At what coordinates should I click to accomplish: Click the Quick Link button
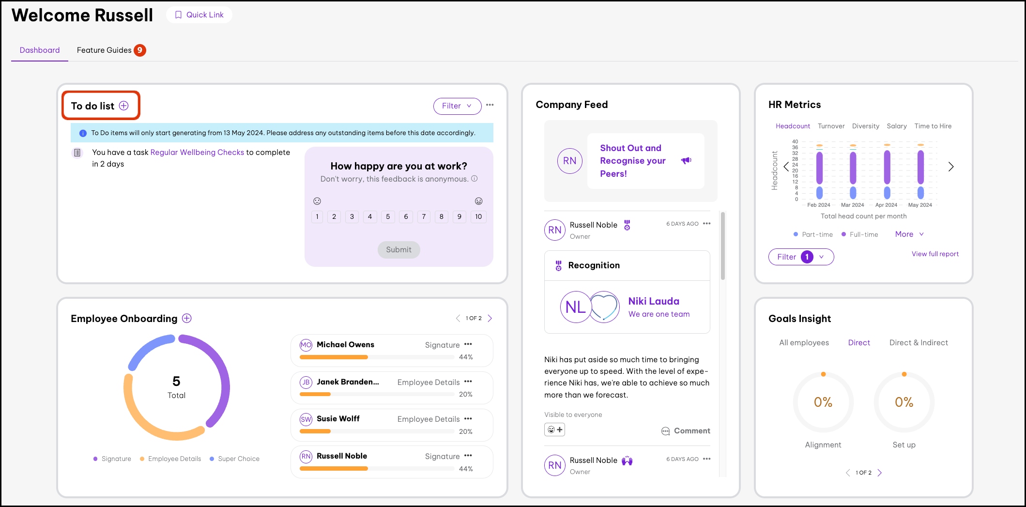click(199, 15)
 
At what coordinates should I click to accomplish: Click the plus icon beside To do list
click(124, 106)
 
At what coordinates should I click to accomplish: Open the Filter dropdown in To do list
click(457, 106)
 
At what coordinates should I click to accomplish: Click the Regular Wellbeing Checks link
click(197, 152)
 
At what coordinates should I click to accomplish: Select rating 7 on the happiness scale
click(424, 217)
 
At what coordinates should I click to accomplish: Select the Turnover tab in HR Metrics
click(831, 126)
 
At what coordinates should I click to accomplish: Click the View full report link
click(935, 254)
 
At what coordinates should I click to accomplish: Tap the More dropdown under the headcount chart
click(909, 234)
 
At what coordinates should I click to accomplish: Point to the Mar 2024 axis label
click(852, 205)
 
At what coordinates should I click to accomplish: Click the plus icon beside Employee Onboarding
click(187, 318)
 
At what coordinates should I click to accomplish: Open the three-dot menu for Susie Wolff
click(468, 419)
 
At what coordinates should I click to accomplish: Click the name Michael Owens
click(345, 344)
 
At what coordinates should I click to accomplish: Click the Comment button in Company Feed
click(686, 430)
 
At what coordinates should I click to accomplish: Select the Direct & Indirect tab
click(919, 342)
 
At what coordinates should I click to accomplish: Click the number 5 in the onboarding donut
click(176, 381)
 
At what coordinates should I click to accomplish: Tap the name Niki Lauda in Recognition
click(654, 301)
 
